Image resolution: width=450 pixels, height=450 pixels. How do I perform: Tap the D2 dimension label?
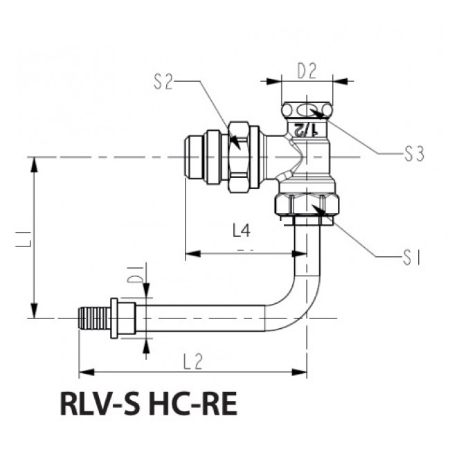[x=306, y=70]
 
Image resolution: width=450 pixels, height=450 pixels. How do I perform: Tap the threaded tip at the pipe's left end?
[x=93, y=318]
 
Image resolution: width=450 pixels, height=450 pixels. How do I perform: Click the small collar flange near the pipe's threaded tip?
[x=120, y=318]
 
